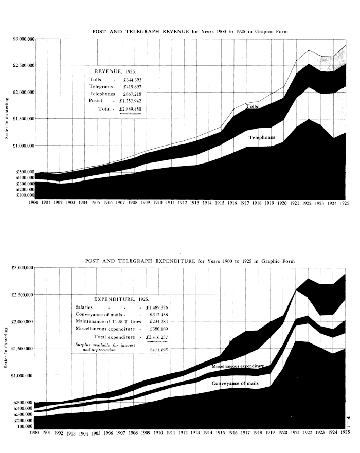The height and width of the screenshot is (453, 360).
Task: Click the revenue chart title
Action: pyautogui.click(x=190, y=32)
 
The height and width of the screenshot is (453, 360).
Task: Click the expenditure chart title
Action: pyautogui.click(x=190, y=261)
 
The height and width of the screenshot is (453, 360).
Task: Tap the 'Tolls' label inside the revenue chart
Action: pyautogui.click(x=251, y=107)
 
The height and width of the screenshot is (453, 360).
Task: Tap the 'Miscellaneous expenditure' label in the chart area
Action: pyautogui.click(x=242, y=366)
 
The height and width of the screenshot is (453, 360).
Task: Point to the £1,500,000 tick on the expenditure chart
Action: pyautogui.click(x=22, y=348)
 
